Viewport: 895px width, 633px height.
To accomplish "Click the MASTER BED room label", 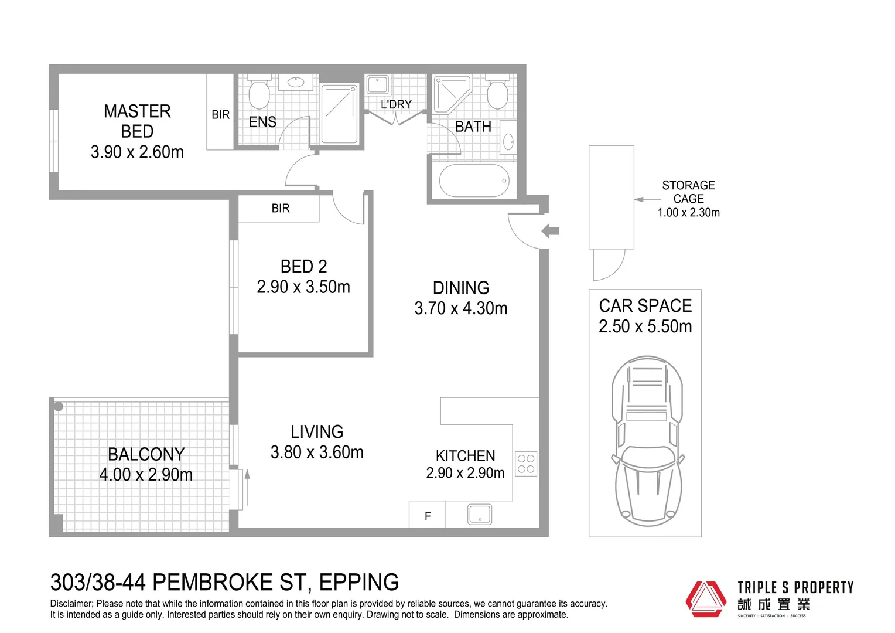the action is (137, 121).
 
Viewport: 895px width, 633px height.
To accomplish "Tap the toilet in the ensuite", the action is (259, 91).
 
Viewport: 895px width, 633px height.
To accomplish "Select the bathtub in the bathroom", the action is (474, 181).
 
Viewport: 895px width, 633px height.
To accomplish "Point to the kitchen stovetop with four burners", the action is (526, 464).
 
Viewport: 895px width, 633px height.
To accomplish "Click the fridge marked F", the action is (427, 514).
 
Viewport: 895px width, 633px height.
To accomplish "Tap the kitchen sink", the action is (480, 514).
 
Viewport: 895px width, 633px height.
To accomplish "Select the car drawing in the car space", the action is (647, 441).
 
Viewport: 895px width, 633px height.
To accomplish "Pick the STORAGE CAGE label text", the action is (688, 192).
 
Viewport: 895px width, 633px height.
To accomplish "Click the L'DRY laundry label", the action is (396, 104).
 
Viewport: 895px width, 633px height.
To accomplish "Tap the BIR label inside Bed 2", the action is (281, 208).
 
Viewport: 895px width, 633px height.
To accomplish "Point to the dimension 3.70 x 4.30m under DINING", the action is (461, 308).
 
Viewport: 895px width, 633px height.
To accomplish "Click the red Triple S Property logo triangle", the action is (706, 599).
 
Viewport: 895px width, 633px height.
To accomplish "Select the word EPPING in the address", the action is (359, 582).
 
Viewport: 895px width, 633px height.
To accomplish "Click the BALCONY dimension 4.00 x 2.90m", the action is (146, 475).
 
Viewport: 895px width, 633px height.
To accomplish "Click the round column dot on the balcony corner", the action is (59, 407).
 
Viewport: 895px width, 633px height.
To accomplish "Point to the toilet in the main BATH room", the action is (497, 91).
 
